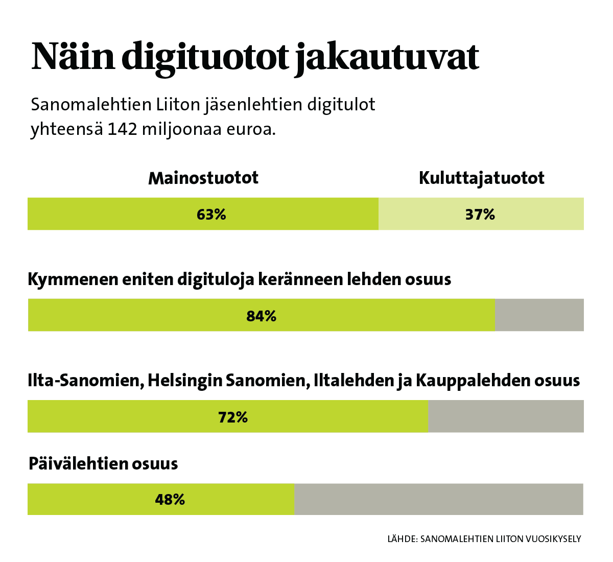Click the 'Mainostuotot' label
click(203, 178)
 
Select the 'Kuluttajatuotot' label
click(481, 178)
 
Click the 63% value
click(211, 215)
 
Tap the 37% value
click(480, 215)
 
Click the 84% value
click(262, 316)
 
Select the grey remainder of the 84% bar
click(539, 315)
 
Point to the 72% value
click(233, 417)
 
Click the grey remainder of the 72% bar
click(506, 416)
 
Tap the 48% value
click(170, 499)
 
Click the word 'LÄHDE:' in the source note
click(403, 538)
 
